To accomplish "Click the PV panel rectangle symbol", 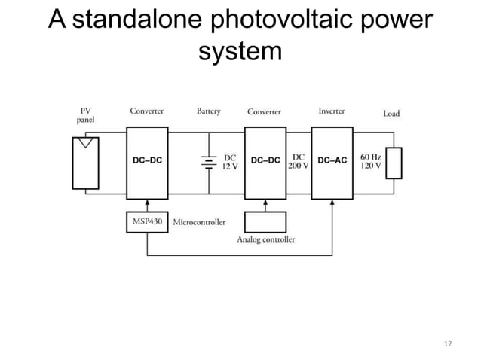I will coord(84,162).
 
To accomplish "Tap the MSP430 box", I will coord(147,222).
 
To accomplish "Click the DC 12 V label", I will coord(229,162).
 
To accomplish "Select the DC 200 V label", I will coord(299,162).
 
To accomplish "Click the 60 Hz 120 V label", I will coord(371,162).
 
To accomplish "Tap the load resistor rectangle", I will coord(394,163).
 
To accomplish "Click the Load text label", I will coord(391,114).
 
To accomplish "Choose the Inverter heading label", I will coord(332,111).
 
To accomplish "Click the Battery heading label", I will coord(209,111).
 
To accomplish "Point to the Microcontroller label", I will coord(199,223).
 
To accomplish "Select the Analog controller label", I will coord(266,239).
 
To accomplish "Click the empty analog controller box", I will coord(266,222).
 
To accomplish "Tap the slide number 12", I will coord(449,343).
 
